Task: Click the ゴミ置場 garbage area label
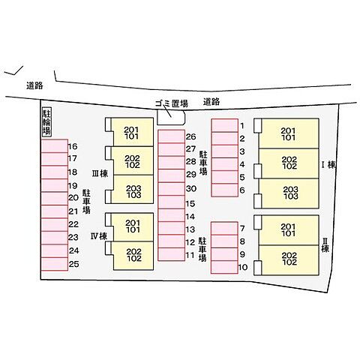[x=172, y=103]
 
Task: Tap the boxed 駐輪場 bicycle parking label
[x=46, y=122]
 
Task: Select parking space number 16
[x=55, y=146]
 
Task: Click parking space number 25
[x=55, y=264]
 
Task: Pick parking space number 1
[x=225, y=125]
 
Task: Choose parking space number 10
[x=224, y=267]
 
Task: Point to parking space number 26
[x=172, y=136]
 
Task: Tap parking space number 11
[x=172, y=254]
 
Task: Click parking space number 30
[x=172, y=189]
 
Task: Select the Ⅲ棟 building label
[x=100, y=173]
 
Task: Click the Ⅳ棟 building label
[x=99, y=236]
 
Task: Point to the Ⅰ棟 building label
[x=328, y=165]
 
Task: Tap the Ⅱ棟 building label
[x=325, y=244]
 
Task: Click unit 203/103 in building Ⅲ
[x=133, y=189]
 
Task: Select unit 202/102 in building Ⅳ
[x=133, y=256]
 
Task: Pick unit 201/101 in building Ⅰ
[x=289, y=133]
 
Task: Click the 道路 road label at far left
[x=34, y=85]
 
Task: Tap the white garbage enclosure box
[x=171, y=118]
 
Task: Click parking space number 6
[x=225, y=190]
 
